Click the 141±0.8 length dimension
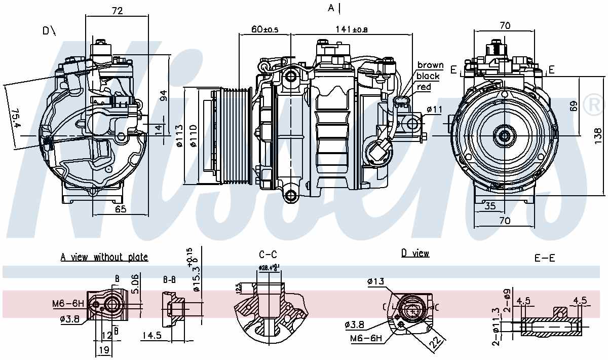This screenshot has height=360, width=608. point(352,29)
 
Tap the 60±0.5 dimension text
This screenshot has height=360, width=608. point(265,29)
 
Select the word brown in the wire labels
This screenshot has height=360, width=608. point(430,65)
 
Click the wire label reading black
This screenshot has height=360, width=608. point(428,76)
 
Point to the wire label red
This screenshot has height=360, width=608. point(424,87)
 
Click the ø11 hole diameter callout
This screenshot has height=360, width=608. point(435,109)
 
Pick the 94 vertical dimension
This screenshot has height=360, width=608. point(163,95)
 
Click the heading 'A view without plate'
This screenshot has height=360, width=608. point(104,257)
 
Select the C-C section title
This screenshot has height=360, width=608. point(268,255)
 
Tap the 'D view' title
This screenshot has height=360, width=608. point(415,253)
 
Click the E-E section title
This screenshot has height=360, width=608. point(545,258)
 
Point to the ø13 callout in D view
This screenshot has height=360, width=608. point(375,281)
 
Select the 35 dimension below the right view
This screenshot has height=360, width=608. point(489,206)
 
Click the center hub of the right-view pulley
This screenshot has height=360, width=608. point(504,135)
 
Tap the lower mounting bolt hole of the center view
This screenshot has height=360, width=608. point(290,195)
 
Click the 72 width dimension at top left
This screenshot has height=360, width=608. point(117,10)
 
